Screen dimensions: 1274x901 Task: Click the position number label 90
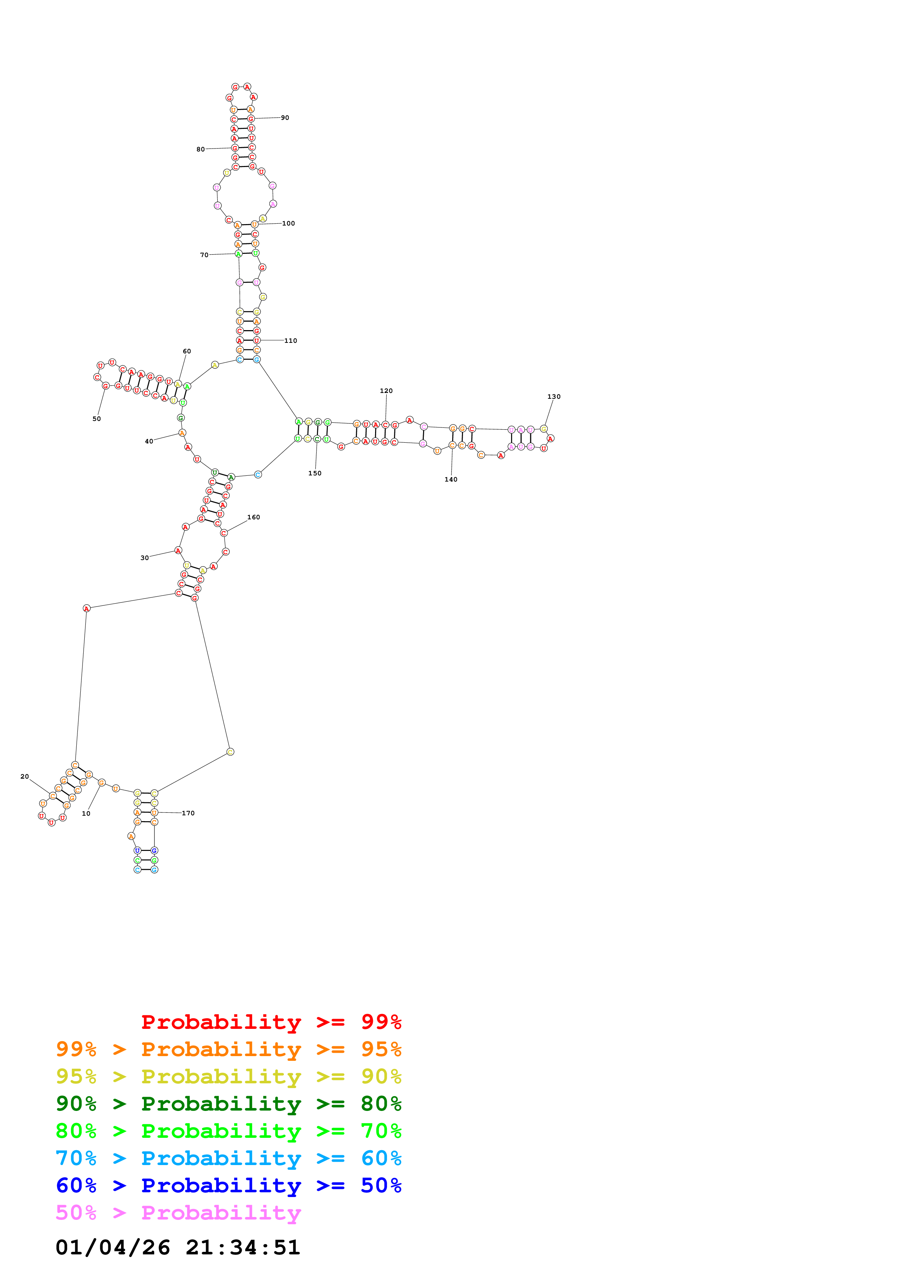[285, 118]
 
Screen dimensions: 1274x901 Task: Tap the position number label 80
[200, 149]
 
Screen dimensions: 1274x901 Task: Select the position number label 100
[289, 224]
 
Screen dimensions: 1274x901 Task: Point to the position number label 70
[204, 255]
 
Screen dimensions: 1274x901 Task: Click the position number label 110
[290, 341]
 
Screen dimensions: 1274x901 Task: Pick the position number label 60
[187, 351]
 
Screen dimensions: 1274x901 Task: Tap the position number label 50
[97, 419]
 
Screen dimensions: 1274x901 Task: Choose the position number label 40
[149, 442]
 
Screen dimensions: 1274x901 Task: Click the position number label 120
[386, 391]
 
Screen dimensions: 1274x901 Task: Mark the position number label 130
[554, 397]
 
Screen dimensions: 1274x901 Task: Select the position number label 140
[451, 479]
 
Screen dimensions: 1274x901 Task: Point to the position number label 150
[315, 473]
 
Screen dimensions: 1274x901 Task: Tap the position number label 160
[254, 517]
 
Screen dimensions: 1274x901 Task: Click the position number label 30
[144, 558]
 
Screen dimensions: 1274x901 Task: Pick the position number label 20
[24, 777]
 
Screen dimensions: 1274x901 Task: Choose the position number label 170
[188, 814]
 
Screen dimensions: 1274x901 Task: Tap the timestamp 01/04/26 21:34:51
[178, 1247]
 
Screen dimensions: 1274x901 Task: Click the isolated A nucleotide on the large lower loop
[87, 609]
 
